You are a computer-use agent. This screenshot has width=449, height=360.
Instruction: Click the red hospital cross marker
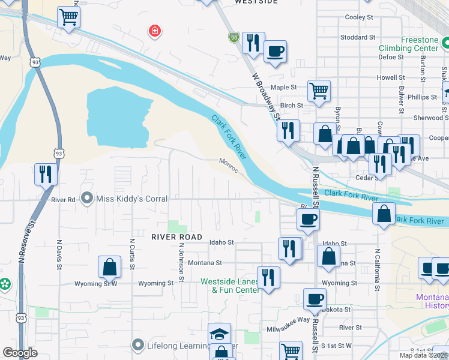click(155, 31)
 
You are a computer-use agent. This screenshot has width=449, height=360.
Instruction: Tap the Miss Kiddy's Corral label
click(122, 198)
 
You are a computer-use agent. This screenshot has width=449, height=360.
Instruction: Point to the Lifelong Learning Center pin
click(138, 345)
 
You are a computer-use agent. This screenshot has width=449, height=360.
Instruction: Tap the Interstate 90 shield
click(234, 38)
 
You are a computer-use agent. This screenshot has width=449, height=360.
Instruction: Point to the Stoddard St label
click(358, 37)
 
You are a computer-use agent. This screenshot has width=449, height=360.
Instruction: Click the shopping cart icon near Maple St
click(319, 91)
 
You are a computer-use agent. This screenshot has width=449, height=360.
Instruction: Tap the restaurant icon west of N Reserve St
click(46, 175)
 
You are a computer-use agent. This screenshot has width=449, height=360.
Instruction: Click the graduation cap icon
click(219, 334)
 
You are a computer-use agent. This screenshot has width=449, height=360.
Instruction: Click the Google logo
click(20, 353)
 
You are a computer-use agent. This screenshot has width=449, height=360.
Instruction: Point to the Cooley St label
click(360, 17)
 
